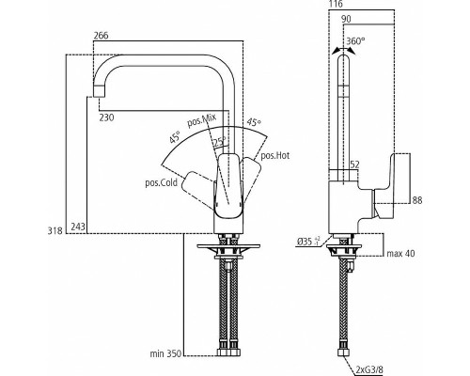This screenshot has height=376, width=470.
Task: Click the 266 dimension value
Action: coord(101,36)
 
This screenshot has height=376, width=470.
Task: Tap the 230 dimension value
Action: coord(107,117)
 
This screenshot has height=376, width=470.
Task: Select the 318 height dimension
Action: coord(55,231)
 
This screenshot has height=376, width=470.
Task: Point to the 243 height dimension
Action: coord(78,227)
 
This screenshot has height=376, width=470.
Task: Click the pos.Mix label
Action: coord(202,120)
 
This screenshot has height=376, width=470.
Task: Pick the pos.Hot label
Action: coord(275,155)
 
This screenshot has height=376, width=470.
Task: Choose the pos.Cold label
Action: coord(162,182)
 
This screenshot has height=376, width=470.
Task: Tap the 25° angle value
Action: coord(220,142)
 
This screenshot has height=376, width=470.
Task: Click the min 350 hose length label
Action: coord(165,353)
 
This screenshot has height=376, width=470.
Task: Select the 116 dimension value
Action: coord(336,4)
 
